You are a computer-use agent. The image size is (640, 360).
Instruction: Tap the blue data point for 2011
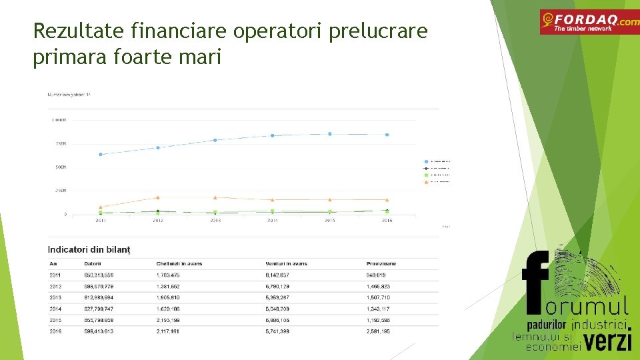click(x=101, y=154)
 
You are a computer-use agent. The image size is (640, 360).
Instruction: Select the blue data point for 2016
click(x=387, y=135)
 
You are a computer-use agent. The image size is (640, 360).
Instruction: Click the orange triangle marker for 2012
click(x=158, y=197)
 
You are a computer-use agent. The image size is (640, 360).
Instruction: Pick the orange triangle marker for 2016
click(x=387, y=200)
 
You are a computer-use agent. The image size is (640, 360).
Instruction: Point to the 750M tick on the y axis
click(x=59, y=143)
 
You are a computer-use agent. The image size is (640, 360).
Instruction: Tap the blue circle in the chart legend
click(x=427, y=161)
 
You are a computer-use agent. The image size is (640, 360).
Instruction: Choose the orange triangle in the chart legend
click(x=427, y=181)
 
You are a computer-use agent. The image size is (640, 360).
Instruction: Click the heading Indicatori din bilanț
click(x=89, y=249)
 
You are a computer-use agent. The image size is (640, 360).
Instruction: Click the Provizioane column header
click(x=381, y=263)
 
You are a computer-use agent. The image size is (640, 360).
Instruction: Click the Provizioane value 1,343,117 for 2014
click(x=378, y=309)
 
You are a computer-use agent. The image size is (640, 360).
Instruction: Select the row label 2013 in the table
click(x=55, y=297)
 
